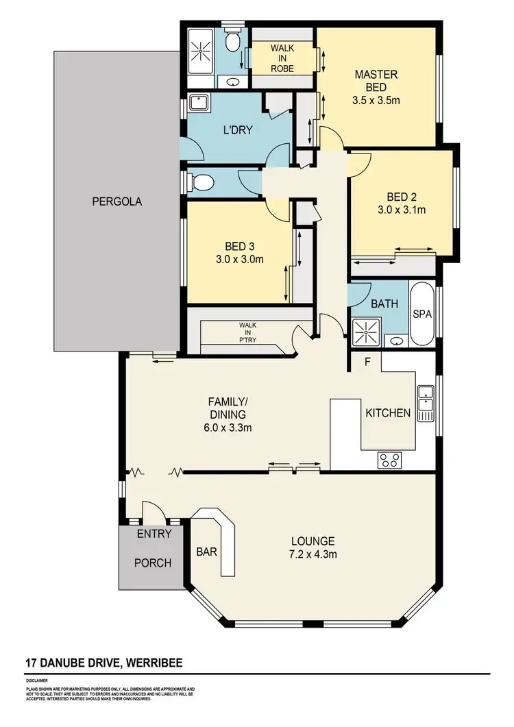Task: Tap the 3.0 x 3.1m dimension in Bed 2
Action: pyautogui.click(x=402, y=210)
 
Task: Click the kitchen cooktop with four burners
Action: pyautogui.click(x=389, y=460)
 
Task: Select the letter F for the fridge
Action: pyautogui.click(x=368, y=362)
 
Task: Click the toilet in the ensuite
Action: pyautogui.click(x=232, y=43)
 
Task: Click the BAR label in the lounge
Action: pyautogui.click(x=206, y=550)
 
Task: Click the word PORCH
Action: pyautogui.click(x=152, y=563)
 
